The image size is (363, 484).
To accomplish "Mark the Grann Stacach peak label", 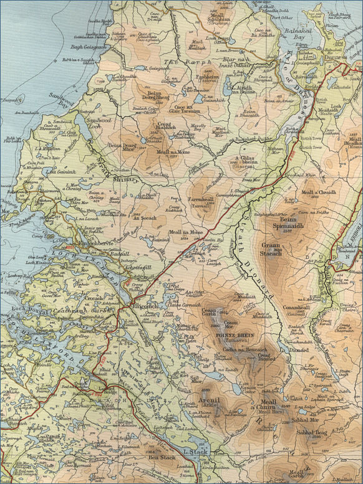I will pos(270,249).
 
